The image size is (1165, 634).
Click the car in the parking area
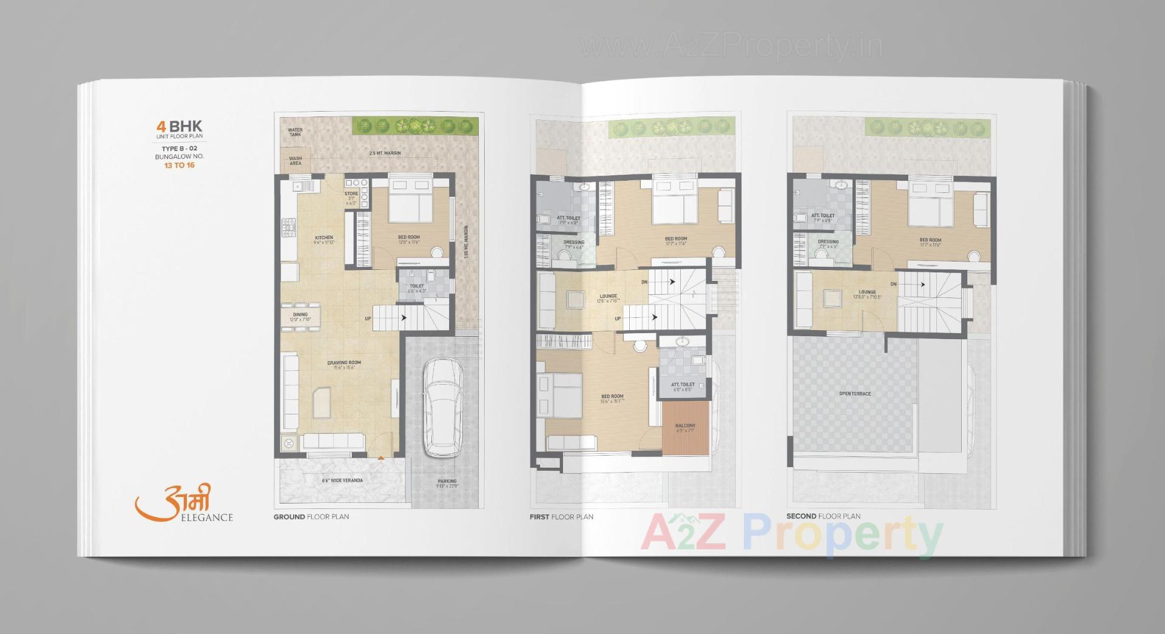tap(442, 408)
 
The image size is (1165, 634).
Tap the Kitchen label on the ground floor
tap(324, 238)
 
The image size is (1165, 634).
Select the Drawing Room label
tap(344, 363)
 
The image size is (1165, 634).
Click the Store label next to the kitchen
tap(351, 194)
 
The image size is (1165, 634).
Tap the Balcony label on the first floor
tap(685, 426)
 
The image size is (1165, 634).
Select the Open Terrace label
tap(855, 394)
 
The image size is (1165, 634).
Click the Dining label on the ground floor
tap(300, 315)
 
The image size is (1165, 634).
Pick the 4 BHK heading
tap(179, 126)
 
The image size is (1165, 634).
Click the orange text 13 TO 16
tap(180, 165)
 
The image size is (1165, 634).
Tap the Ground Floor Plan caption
tap(311, 517)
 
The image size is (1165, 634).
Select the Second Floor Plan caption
tap(823, 516)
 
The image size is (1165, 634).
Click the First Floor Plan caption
tap(561, 517)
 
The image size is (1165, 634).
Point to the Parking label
tap(447, 482)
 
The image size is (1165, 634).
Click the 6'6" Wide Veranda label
tap(342, 481)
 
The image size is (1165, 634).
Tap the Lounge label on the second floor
tap(867, 292)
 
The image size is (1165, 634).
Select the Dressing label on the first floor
tap(574, 242)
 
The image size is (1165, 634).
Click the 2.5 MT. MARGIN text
tap(385, 153)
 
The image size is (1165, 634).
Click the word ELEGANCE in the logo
tap(207, 518)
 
